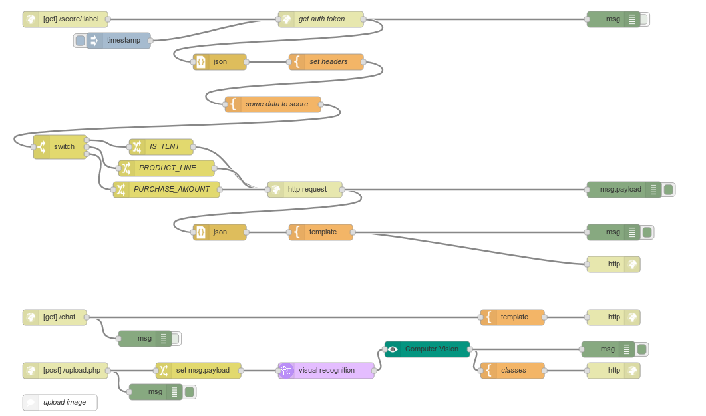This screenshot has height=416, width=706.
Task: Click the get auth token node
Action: pyautogui.click(x=321, y=19)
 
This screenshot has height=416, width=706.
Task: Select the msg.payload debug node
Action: pyautogui.click(x=620, y=190)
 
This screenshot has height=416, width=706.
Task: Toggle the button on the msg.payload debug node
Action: pyautogui.click(x=669, y=190)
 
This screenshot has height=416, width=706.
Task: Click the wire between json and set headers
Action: pyautogui.click(x=267, y=62)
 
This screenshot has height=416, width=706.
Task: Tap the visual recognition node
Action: pyautogui.click(x=326, y=371)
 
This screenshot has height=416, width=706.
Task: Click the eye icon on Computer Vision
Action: pyautogui.click(x=393, y=349)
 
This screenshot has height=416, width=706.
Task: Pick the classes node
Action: pyautogui.click(x=513, y=371)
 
